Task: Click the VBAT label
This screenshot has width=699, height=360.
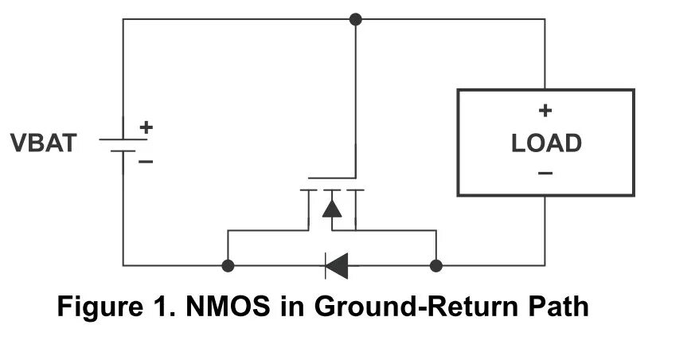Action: [x=44, y=143]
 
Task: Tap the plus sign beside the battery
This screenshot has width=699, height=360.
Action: [x=146, y=127]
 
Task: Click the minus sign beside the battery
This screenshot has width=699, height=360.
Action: [x=146, y=161]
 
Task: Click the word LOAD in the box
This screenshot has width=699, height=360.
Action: [x=545, y=144]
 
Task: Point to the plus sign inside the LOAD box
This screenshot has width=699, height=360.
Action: [x=545, y=111]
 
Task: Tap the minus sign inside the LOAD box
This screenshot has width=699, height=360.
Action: [x=545, y=172]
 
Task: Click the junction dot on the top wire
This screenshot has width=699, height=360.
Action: [x=355, y=19]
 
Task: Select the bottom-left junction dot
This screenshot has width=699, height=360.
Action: [x=228, y=265]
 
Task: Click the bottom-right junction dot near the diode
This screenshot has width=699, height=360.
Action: [x=435, y=265]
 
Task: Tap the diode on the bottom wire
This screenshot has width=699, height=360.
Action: [x=336, y=265]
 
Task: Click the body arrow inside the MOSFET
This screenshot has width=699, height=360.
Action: [x=331, y=208]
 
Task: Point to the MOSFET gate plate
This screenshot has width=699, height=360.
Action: [x=331, y=178]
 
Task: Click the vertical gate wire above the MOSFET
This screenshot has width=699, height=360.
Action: [x=355, y=96]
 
